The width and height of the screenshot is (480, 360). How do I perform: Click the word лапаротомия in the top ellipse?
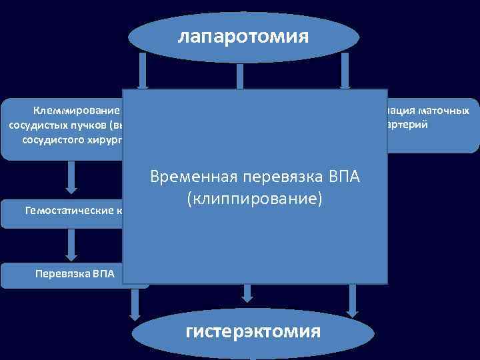[x=243, y=36]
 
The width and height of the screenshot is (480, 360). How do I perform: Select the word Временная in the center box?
[x=193, y=179]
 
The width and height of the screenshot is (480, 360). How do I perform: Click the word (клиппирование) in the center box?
[x=255, y=198]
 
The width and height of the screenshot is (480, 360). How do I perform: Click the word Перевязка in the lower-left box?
[x=56, y=274]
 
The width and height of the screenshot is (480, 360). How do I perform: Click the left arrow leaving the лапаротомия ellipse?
[x=143, y=70]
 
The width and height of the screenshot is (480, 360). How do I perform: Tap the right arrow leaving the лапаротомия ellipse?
[x=345, y=70]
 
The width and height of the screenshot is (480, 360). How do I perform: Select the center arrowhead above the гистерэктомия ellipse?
[x=247, y=294]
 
